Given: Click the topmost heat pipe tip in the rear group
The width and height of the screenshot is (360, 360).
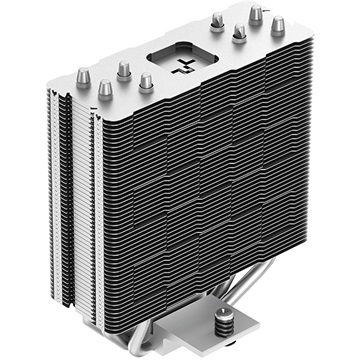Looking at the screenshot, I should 256,12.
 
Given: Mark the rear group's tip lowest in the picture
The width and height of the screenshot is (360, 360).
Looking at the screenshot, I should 239,33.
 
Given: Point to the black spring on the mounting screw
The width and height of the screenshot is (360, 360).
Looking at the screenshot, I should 247,313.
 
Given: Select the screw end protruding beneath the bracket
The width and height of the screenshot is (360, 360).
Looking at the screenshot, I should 250,348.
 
